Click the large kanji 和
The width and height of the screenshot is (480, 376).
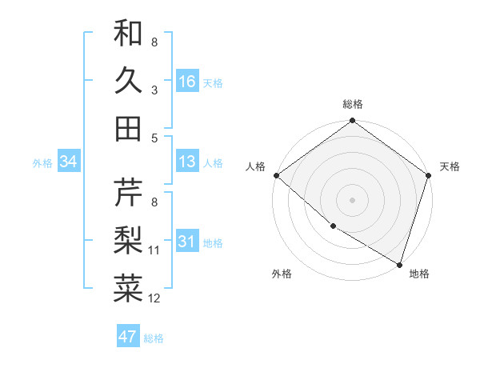click(129, 33)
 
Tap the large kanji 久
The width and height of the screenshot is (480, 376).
click(129, 80)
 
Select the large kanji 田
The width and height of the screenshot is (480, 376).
click(129, 128)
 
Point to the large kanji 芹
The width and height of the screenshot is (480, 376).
click(129, 192)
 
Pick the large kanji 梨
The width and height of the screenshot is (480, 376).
click(129, 239)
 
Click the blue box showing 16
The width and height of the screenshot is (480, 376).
click(187, 82)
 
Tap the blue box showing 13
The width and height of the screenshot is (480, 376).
click(187, 162)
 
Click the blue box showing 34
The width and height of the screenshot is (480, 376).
click(69, 162)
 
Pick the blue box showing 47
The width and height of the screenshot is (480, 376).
click(128, 337)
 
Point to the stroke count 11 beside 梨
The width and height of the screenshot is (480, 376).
click(154, 250)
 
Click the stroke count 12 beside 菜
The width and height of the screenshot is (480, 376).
click(154, 298)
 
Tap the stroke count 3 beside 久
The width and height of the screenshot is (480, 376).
click(154, 90)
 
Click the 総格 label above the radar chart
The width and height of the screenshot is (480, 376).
click(353, 104)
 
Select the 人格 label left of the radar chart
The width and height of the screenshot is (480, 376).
click(256, 166)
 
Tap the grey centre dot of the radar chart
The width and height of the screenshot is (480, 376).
click(353, 199)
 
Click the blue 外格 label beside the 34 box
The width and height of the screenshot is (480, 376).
click(42, 163)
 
